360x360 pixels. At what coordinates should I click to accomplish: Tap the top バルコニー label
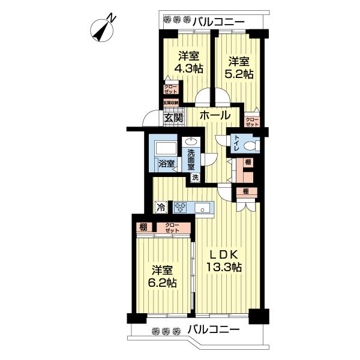coord(218,21)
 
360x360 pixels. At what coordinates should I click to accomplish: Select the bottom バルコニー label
coord(213,329)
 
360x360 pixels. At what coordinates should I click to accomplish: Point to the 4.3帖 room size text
coord(188,68)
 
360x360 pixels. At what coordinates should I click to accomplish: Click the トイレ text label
coord(238,143)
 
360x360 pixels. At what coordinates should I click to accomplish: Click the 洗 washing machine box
coord(195,177)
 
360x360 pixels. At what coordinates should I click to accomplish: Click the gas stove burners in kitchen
coord(181,208)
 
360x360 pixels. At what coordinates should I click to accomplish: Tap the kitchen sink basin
coord(204,209)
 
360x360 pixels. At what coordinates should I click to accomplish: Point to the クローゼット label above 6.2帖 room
coord(172,227)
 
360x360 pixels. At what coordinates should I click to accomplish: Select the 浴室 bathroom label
coord(166,163)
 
